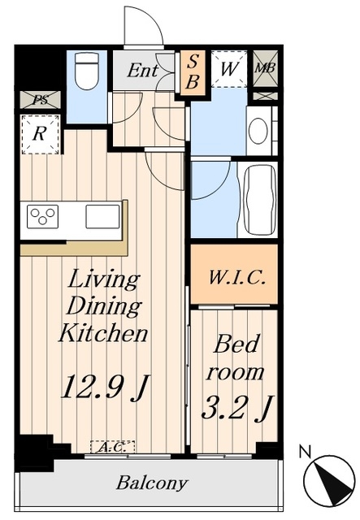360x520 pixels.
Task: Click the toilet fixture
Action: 87,71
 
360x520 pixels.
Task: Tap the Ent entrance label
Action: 143,71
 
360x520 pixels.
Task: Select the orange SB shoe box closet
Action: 193,71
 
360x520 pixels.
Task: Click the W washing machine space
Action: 229,69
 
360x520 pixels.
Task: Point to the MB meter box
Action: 265,68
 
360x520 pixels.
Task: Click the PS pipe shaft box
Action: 40,99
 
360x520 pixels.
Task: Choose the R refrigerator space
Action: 40,134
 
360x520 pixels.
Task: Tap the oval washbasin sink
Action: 258,132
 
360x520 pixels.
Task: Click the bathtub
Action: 260,200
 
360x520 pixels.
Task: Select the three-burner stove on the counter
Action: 42,217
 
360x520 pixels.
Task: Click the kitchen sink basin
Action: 102,217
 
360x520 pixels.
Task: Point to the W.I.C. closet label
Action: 237,278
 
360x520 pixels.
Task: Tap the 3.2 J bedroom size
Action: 237,408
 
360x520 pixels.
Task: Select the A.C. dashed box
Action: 113,447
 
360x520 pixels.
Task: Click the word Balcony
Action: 152,483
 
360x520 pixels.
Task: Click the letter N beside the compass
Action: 306,452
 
